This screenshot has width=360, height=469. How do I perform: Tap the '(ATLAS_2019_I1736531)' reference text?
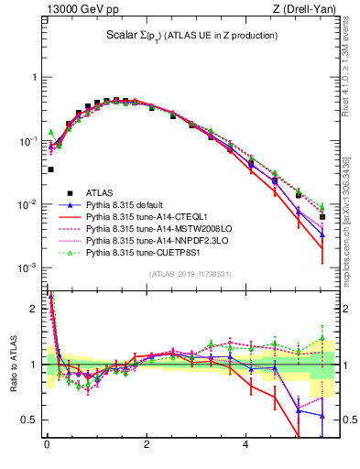191,274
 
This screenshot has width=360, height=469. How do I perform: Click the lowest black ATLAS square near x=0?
50,169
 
